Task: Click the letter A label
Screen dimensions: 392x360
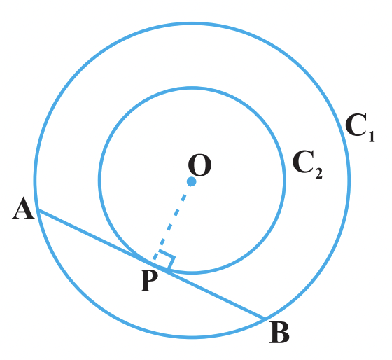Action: point(23,208)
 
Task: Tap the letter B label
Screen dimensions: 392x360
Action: point(279,333)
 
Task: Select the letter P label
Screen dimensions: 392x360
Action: point(149,280)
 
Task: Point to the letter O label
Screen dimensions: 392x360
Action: point(199,165)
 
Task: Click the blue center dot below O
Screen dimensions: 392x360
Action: point(192,181)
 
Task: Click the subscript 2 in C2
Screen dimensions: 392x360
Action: point(319,174)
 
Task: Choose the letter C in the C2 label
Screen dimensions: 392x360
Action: point(303,162)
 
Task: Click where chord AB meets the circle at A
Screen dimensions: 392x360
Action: point(38,209)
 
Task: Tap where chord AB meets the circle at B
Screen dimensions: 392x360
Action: point(265,319)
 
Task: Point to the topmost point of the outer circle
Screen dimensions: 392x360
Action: point(192,24)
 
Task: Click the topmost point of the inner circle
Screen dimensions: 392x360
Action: point(192,88)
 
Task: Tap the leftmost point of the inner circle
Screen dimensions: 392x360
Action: point(99,180)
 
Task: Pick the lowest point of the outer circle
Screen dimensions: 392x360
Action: point(192,338)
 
